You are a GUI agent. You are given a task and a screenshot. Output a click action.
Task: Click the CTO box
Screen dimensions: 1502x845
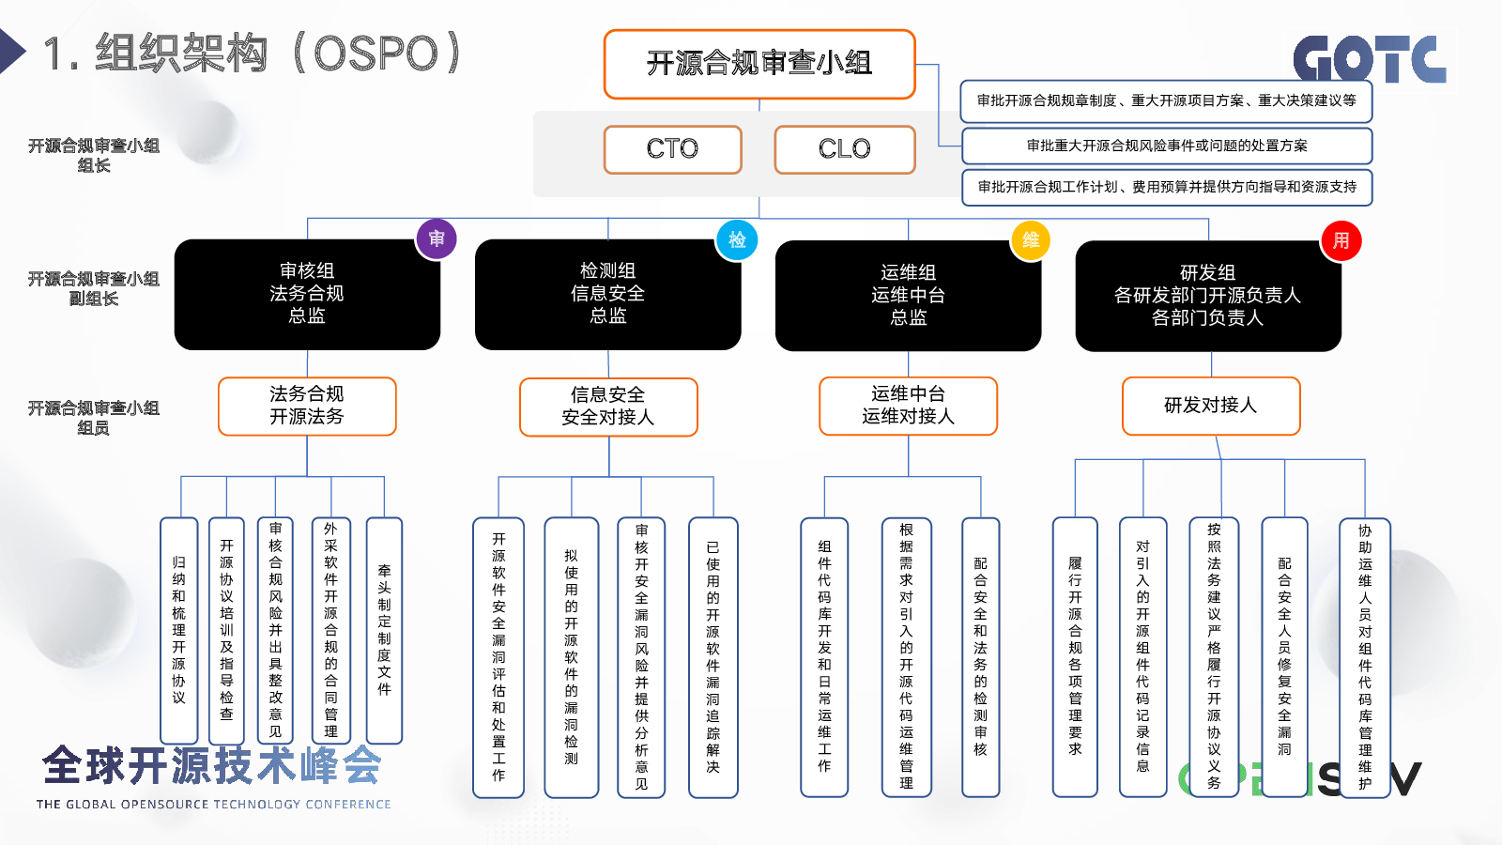click(672, 149)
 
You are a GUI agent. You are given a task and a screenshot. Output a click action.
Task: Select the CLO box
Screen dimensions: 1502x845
click(844, 149)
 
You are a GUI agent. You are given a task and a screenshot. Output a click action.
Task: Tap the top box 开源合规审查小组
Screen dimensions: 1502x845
click(759, 65)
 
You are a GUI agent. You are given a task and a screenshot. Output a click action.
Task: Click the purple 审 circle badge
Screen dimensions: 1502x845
click(437, 238)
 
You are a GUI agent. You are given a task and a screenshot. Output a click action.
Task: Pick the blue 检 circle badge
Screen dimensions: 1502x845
click(737, 240)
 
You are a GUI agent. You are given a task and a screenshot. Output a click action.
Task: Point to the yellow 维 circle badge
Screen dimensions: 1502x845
click(1031, 240)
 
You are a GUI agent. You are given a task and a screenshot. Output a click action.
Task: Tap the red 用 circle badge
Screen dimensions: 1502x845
click(1341, 240)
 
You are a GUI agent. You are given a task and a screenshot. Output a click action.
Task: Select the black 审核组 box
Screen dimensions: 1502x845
click(307, 295)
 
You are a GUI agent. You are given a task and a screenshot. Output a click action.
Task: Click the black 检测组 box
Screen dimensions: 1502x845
click(607, 295)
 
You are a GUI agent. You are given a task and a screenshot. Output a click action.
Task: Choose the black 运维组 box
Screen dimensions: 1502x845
click(908, 295)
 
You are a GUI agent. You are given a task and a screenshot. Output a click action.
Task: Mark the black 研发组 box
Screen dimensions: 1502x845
click(1208, 296)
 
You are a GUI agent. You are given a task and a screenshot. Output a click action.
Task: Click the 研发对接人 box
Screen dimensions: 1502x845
click(1211, 406)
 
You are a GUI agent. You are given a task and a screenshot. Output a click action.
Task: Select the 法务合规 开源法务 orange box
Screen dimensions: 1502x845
click(307, 407)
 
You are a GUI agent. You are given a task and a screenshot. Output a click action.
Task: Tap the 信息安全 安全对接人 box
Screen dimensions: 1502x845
click(608, 407)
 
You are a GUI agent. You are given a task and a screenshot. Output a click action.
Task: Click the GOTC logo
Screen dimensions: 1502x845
click(1370, 59)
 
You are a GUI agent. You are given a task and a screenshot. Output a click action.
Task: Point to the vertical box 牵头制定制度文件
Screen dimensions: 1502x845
click(384, 630)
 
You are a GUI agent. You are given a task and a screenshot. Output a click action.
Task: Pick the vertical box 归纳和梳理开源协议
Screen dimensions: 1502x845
click(179, 630)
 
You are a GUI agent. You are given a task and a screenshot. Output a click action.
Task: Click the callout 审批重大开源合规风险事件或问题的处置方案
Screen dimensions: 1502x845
click(1167, 146)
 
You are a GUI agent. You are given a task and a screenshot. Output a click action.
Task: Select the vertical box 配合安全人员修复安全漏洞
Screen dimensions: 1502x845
click(1284, 656)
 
